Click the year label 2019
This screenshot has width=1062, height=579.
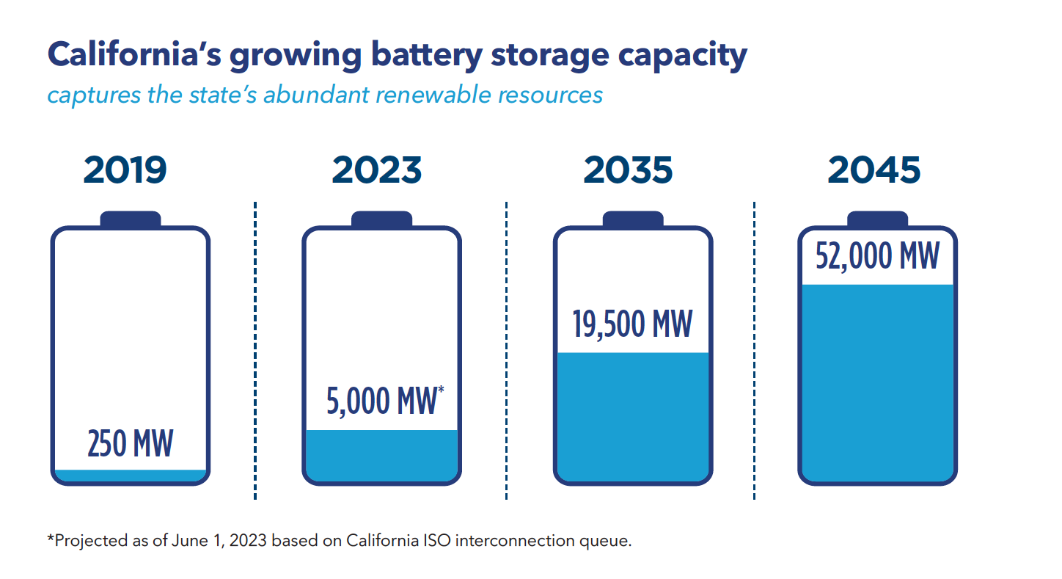click(125, 170)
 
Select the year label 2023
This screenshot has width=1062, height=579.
click(377, 170)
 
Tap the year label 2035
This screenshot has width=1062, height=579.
click(628, 170)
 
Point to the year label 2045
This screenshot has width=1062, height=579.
click(874, 170)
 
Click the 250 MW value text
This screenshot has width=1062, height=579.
click(131, 444)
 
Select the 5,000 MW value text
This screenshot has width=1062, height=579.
click(381, 401)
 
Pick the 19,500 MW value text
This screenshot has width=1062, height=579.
click(632, 324)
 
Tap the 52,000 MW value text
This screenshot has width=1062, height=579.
click(877, 256)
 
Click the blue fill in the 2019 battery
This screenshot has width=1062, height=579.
click(131, 476)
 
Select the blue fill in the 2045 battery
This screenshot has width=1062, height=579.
click(877, 382)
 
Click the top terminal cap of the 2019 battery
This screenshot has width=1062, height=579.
click(131, 219)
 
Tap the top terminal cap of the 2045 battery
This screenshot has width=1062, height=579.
click(877, 219)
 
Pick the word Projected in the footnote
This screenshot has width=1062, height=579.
click(87, 542)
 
